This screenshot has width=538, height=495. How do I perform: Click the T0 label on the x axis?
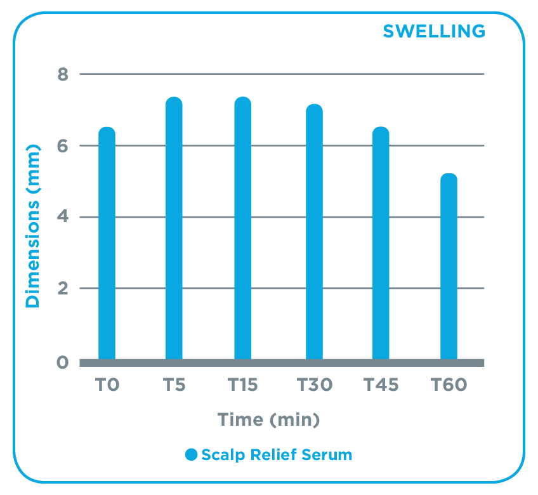click(107, 385)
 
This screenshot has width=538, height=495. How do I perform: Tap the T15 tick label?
click(243, 385)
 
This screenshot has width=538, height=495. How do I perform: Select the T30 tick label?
click(315, 385)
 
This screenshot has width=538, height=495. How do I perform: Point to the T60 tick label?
click(449, 385)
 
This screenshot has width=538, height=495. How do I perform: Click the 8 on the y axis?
click(63, 74)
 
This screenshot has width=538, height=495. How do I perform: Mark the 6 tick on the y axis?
click(63, 146)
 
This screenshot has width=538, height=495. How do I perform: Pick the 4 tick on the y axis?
click(63, 218)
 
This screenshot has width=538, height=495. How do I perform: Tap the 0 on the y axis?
click(63, 362)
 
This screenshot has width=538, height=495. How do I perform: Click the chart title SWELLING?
click(434, 30)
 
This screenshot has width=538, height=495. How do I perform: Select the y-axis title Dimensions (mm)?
click(32, 226)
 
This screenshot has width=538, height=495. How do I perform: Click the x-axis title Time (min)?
click(268, 419)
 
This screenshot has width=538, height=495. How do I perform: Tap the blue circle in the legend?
click(192, 454)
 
